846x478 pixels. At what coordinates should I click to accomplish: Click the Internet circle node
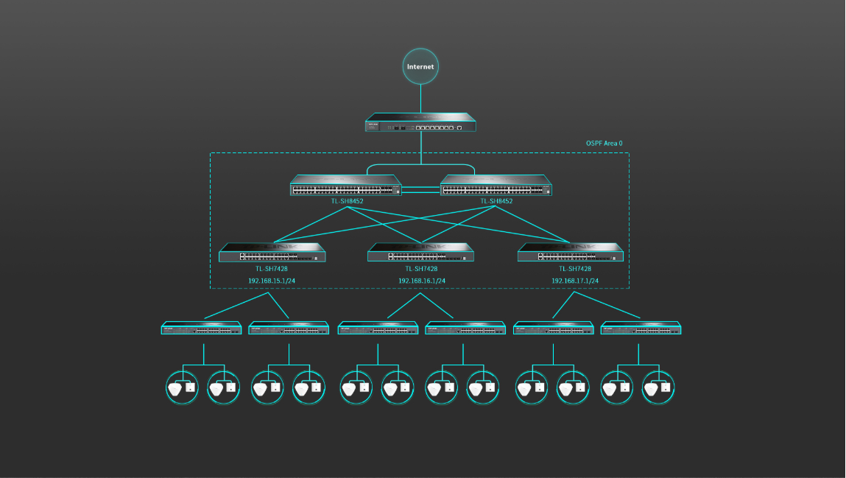click(x=421, y=66)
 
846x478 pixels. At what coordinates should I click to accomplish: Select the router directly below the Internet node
click(x=421, y=123)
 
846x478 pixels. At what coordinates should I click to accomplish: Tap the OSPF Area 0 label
click(x=604, y=143)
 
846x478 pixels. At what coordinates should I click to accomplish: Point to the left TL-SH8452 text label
click(x=347, y=201)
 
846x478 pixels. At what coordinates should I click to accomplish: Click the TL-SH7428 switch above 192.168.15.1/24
click(x=272, y=253)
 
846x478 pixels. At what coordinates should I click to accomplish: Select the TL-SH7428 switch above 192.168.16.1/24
click(x=421, y=253)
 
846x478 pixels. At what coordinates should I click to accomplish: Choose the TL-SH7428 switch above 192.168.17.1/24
click(x=571, y=253)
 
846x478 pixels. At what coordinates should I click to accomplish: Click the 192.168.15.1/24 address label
click(x=272, y=281)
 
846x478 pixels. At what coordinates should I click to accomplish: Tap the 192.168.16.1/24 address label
click(x=422, y=281)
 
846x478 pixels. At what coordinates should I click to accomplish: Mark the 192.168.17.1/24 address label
click(x=575, y=281)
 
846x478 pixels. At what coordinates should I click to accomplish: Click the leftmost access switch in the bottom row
click(x=202, y=328)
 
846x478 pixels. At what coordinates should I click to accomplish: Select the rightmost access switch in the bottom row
click(x=641, y=328)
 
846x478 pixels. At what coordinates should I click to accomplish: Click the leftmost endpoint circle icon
click(x=182, y=387)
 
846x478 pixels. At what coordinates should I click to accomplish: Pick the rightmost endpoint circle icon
click(x=658, y=387)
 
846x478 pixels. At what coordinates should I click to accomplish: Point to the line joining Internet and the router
click(x=421, y=99)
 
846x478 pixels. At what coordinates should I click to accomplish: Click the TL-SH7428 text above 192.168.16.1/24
click(x=422, y=269)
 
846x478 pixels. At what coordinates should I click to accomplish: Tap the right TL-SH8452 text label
click(x=496, y=201)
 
